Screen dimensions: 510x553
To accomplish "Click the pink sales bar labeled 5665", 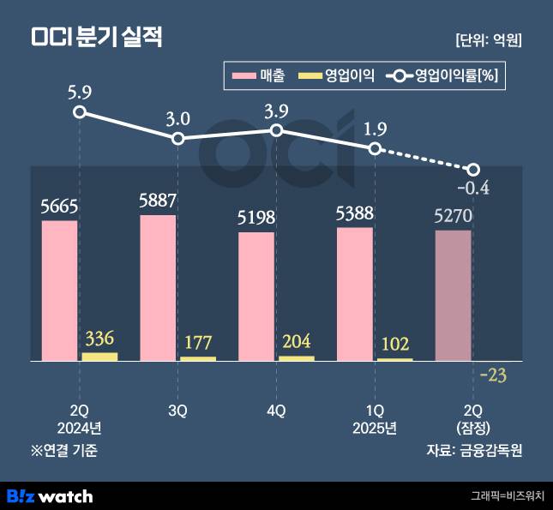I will pos(59,291).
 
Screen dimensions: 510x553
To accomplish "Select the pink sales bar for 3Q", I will pos(158,287).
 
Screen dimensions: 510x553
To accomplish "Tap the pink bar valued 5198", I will pos(256,296).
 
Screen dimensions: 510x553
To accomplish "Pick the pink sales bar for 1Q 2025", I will pos(355,294).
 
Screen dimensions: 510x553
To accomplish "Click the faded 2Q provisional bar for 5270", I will pos(453,295).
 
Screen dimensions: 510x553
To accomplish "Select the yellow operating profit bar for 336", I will pos(99,357).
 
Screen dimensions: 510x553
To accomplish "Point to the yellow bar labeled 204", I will pos(297,358).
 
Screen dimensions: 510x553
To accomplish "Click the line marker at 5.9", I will pos(80,112).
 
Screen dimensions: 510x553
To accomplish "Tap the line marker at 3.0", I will pos(178,139).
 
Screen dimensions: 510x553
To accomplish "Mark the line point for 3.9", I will pos(277,130).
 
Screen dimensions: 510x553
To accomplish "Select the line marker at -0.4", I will pos(472,169).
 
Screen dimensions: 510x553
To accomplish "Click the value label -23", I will pos(493,375).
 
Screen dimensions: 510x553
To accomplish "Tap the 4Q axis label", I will pos(276,411).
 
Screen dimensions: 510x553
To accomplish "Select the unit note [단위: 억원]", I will pos(489,39).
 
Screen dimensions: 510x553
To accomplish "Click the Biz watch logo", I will pos(50,495).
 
